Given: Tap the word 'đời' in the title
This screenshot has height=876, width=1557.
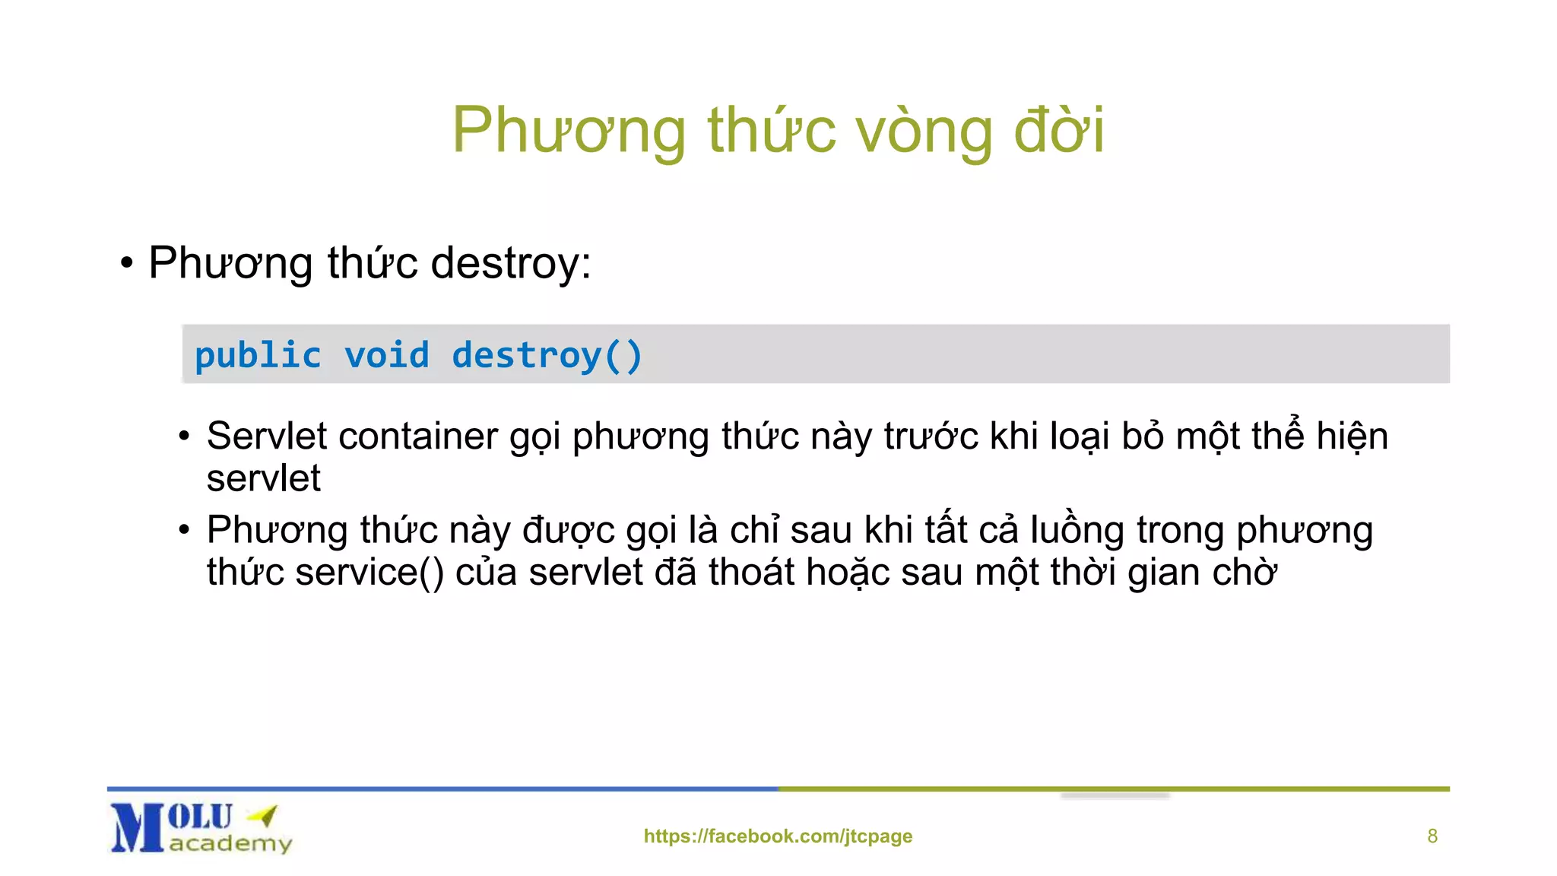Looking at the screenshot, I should coord(1059,129).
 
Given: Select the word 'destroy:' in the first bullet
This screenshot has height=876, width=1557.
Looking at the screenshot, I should coord(511,263).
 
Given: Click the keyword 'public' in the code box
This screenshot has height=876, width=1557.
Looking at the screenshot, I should coord(258,356).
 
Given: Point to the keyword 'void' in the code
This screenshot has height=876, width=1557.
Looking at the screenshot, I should coord(386,356).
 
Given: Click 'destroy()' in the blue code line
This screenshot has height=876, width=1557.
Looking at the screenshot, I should coord(547,356).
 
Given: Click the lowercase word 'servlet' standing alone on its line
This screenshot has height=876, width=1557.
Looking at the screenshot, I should coord(263,478).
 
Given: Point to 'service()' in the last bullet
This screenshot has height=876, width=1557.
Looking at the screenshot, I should coord(369,572).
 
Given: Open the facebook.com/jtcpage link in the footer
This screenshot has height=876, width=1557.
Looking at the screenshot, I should coord(778,836).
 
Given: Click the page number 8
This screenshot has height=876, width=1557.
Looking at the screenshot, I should coord(1432,836).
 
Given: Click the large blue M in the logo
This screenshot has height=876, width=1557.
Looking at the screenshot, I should coord(137,828).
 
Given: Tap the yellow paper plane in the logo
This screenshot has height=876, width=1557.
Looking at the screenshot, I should coord(264,816).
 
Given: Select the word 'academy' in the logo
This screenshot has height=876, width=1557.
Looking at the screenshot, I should coord(230,843).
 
